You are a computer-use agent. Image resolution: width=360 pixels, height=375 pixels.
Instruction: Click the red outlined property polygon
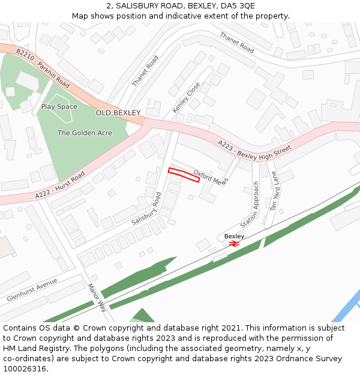(x=184, y=175)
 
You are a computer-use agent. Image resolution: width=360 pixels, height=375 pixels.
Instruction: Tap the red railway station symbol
(x=234, y=244)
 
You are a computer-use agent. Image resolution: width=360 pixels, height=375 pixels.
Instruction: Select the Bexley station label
(x=234, y=236)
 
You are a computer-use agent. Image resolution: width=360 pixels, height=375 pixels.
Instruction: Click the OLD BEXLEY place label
(x=118, y=113)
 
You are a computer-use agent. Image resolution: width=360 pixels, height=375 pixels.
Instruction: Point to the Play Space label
(x=59, y=107)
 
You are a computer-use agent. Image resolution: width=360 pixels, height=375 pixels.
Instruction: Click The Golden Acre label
(x=85, y=133)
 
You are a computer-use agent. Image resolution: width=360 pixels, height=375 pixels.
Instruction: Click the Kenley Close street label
(x=186, y=98)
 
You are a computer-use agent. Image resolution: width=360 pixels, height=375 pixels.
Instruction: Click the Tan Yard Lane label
(x=274, y=192)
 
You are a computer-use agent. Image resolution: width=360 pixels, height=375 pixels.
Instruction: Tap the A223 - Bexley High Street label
(x=254, y=149)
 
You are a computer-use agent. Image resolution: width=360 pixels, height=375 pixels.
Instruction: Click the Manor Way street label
(x=97, y=298)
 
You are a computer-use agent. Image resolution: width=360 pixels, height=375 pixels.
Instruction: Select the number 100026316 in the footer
(x=25, y=369)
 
